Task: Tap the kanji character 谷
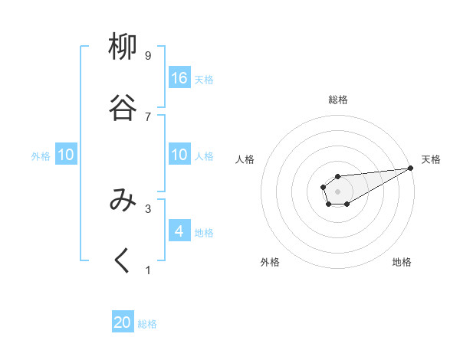coord(123,107)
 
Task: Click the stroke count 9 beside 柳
coord(148,55)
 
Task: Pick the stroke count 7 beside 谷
coord(148,116)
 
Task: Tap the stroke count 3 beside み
coord(148,208)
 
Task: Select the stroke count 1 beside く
coord(148,270)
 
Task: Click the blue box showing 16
coord(179,78)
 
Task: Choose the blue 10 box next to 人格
coord(179,155)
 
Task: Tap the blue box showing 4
coord(179,231)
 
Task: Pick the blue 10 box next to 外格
coord(66,155)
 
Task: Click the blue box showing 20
coord(123,323)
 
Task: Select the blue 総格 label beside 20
coord(147,324)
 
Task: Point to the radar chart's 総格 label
coord(338,100)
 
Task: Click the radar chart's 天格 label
coord(432,159)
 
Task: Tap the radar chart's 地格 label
coord(402,262)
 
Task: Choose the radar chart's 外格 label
coord(270,262)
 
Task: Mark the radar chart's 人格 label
coord(245,159)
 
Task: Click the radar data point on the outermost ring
coord(411,167)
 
